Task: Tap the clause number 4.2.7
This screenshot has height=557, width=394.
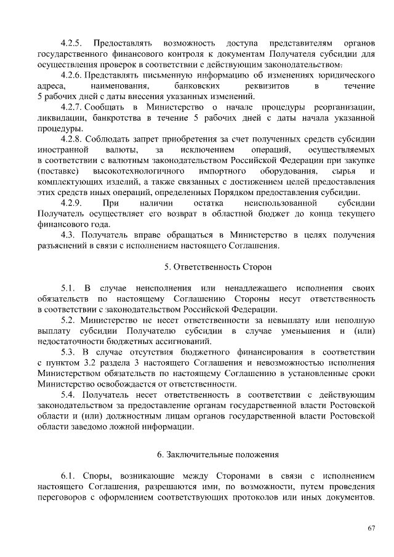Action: click(72, 107)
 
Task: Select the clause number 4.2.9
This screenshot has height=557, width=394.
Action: click(72, 203)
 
